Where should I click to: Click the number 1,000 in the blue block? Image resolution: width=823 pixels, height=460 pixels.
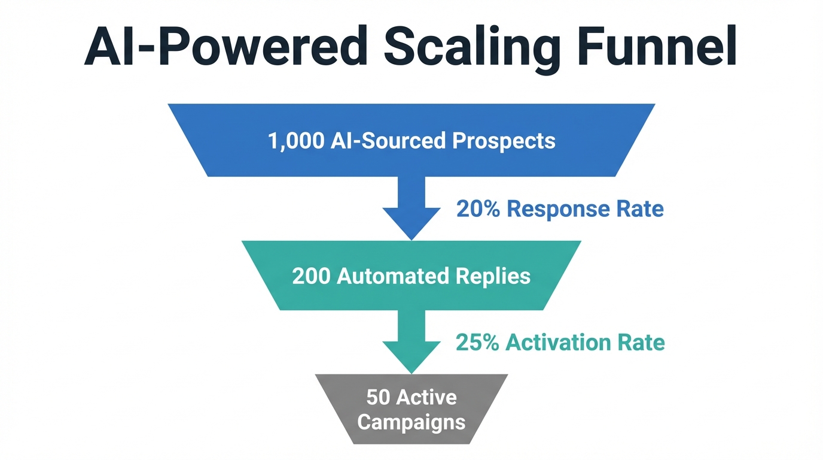pos(295,141)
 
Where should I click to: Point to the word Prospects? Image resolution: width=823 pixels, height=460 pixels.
pos(504,141)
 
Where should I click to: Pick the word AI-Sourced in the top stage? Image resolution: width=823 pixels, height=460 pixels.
pos(388,141)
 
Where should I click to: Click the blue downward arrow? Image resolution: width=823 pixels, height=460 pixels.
pos(411,210)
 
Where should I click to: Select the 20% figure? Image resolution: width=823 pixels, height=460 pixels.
pos(478,209)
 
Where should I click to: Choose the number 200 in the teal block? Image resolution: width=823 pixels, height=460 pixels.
pos(311,276)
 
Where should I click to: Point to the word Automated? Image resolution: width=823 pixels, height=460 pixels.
pos(394,276)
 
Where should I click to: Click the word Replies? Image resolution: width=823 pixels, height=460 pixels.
pos(493,276)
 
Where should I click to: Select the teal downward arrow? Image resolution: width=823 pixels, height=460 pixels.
pos(411,343)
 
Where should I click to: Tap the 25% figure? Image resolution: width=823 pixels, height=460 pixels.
pos(477,343)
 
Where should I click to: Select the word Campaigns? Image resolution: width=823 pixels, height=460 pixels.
pos(411,422)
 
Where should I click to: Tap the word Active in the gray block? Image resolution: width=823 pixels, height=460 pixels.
pos(426,397)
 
